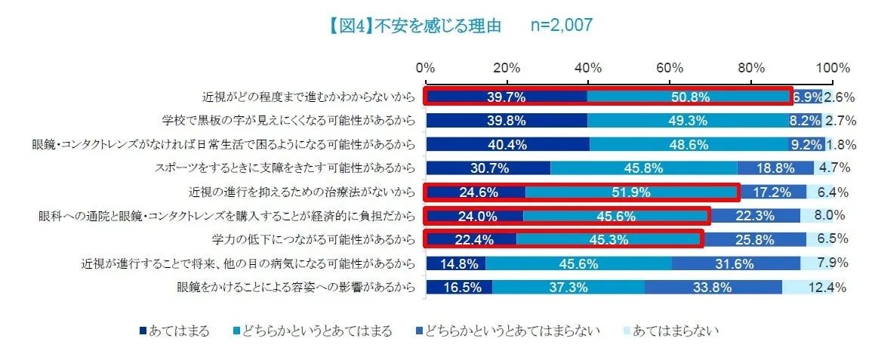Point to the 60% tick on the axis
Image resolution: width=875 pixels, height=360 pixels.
pos(670,67)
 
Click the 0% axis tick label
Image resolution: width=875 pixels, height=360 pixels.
pos(426,67)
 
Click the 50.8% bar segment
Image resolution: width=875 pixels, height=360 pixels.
pos(689,97)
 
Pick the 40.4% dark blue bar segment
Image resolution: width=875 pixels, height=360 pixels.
pos(507,144)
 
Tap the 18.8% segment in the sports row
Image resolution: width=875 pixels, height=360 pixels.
pos(775,168)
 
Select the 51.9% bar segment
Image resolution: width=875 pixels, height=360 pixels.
pos(632,192)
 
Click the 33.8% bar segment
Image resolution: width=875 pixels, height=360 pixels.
pos(713,288)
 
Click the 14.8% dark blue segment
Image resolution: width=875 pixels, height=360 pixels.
pos(456,263)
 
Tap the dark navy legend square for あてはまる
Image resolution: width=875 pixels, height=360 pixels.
pos(143,331)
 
